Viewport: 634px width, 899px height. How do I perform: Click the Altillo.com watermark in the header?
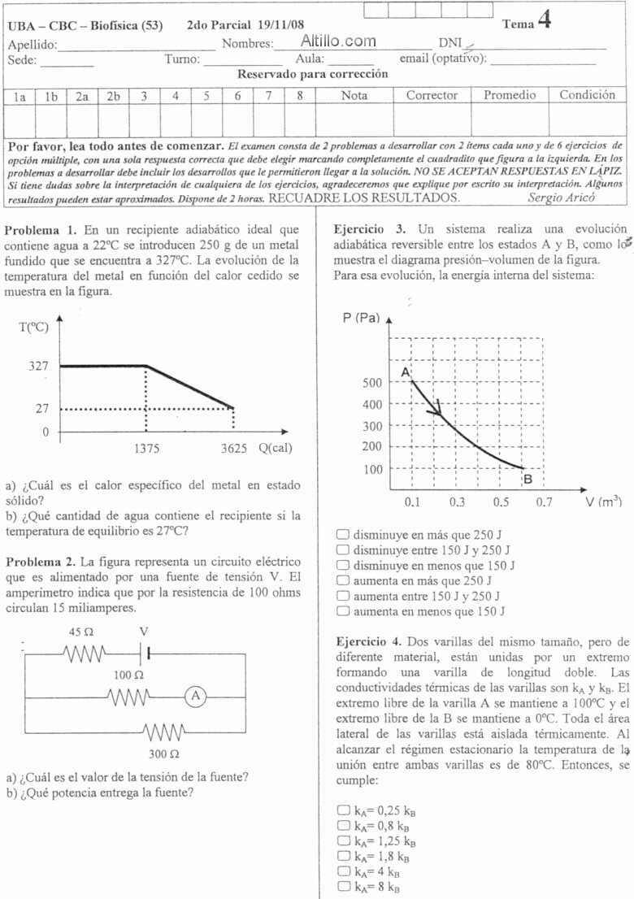(338, 41)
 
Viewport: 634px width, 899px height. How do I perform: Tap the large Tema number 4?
(545, 21)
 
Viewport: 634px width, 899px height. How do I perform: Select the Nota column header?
(354, 96)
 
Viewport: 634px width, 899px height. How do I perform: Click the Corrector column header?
(432, 96)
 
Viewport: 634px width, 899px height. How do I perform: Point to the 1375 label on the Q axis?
(147, 448)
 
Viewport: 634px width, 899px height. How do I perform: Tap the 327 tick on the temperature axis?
(39, 367)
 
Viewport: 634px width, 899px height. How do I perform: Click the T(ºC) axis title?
(33, 328)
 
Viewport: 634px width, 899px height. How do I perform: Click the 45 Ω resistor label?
(81, 632)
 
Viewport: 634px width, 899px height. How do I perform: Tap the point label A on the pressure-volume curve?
(405, 371)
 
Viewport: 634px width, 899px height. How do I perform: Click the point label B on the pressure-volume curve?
(528, 479)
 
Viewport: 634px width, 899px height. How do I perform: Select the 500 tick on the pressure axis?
(371, 383)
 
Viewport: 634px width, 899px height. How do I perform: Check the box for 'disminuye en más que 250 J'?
(342, 535)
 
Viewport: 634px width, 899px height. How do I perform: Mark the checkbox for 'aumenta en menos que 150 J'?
(342, 611)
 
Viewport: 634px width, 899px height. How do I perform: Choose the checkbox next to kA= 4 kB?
(342, 871)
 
